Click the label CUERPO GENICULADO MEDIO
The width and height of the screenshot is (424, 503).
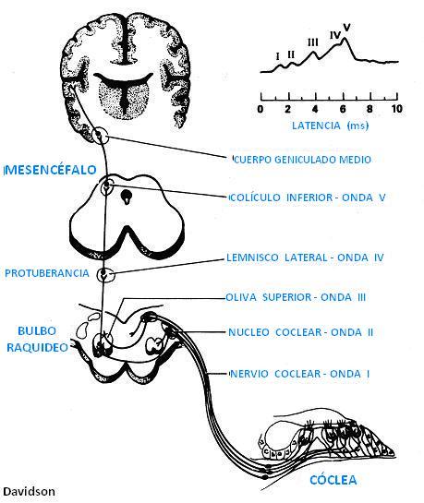[302, 160]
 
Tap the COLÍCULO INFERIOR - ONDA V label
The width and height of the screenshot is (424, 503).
[308, 198]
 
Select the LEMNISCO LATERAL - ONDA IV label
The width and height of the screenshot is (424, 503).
[305, 257]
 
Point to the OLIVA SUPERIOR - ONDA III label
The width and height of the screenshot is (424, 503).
[296, 297]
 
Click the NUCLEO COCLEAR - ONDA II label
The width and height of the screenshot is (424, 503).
[301, 332]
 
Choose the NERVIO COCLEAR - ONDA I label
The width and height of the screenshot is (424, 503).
[300, 374]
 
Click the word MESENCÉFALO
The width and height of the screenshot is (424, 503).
[51, 170]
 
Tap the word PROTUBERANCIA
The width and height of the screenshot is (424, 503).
[47, 273]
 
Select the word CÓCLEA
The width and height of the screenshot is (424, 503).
[333, 480]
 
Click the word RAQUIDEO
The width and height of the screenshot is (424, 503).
[37, 347]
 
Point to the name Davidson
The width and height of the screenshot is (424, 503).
[30, 491]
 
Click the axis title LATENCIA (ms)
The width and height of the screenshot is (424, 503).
[331, 126]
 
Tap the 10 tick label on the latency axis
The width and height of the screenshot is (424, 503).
[396, 109]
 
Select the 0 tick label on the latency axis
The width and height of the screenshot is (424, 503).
[260, 109]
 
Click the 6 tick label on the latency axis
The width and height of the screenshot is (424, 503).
[343, 109]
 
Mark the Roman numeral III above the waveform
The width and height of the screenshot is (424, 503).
[313, 42]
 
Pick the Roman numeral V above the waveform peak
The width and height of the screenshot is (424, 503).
[346, 27]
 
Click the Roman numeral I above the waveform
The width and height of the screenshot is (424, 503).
[278, 56]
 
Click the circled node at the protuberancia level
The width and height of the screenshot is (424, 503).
[105, 275]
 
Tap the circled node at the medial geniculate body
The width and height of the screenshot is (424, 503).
[100, 136]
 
